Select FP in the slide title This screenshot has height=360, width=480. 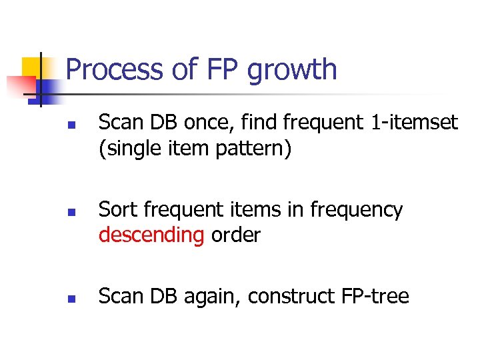[220, 70]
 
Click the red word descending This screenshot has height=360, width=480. [151, 235]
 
